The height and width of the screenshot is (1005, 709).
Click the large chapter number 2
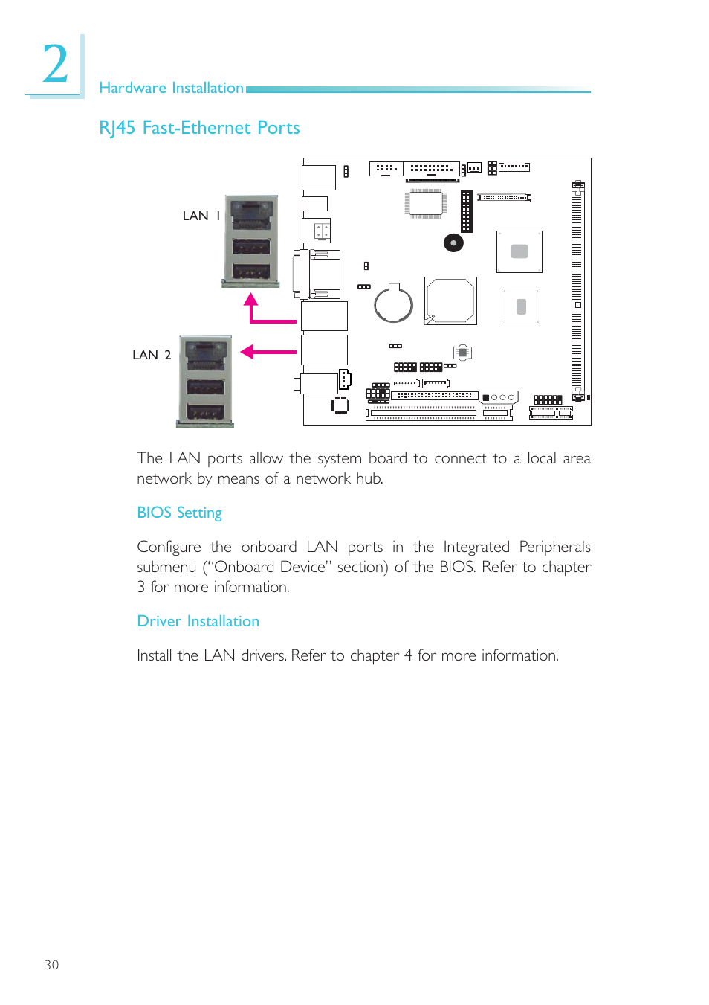coord(55,64)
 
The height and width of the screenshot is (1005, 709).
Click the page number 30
coord(51,965)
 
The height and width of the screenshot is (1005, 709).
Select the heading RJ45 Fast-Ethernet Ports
coord(199,128)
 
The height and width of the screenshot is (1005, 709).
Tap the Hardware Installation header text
coord(171,88)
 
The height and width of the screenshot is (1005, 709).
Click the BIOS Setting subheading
coord(179,513)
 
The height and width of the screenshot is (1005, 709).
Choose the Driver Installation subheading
coord(198,621)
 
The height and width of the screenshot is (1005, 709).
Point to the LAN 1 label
coord(201,216)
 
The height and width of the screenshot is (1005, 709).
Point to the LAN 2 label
coord(152,355)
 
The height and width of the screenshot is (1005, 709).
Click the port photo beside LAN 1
coord(251,241)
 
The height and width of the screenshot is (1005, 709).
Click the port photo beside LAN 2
coord(205,382)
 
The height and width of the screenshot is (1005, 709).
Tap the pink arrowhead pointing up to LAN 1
coord(251,299)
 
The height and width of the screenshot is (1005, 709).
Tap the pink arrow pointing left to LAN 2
coord(248,352)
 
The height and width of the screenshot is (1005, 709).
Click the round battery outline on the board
coord(393,304)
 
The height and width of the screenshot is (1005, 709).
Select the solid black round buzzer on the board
coord(453,243)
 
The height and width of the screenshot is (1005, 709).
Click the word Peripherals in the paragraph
coord(554,547)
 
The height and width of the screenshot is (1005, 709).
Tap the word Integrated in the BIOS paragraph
coord(476,547)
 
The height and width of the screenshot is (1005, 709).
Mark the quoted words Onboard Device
coord(270,567)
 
